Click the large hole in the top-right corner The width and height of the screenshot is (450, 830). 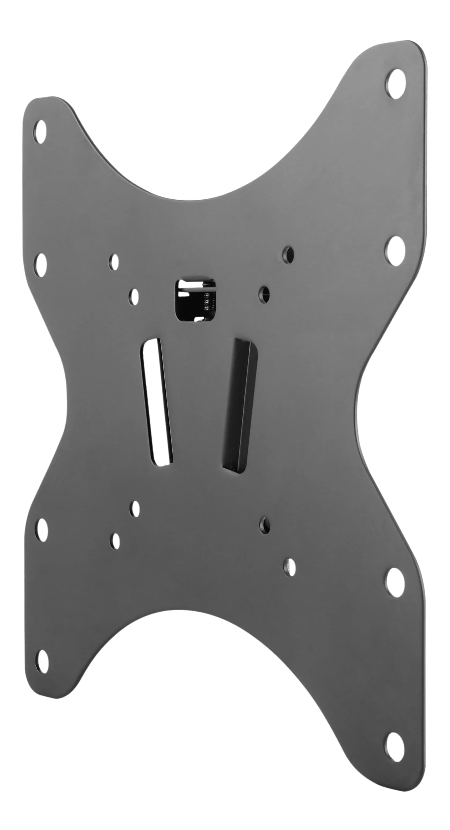[396, 84]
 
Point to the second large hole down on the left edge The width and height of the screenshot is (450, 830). [41, 265]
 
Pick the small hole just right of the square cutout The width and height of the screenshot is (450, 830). [264, 294]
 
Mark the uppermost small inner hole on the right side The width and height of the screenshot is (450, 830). [288, 255]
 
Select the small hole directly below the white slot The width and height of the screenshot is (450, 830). [135, 509]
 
